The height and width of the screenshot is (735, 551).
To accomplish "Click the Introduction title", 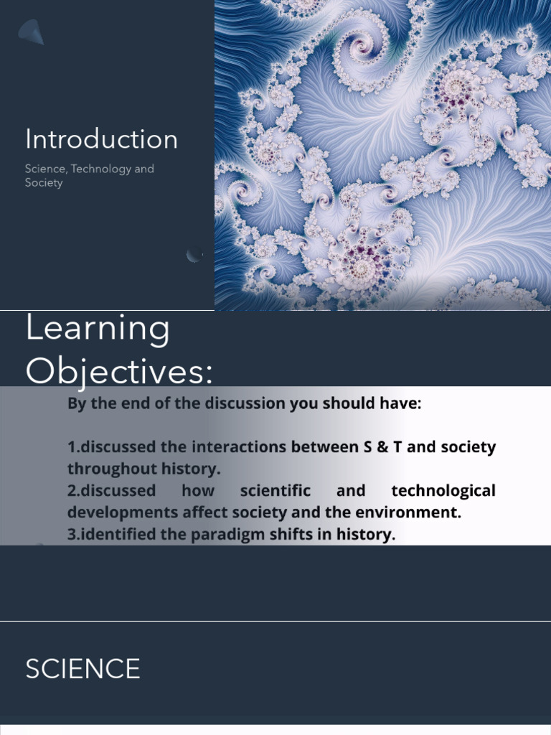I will point(101,139).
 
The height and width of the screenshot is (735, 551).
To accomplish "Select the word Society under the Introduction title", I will point(44,183).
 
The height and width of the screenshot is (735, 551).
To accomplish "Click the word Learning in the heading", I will point(98,329).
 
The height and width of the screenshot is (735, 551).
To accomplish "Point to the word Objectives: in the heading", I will point(119,371).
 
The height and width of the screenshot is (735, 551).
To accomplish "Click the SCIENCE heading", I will point(83,669).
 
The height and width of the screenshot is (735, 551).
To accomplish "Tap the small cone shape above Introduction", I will point(31,32).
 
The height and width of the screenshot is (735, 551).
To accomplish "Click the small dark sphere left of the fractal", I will point(194,255).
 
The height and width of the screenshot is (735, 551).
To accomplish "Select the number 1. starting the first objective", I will point(72,447).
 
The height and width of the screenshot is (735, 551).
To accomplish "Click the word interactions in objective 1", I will point(236,447).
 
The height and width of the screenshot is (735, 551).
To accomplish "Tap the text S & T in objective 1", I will point(380,447).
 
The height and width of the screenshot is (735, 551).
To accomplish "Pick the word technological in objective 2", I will point(443,491).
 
